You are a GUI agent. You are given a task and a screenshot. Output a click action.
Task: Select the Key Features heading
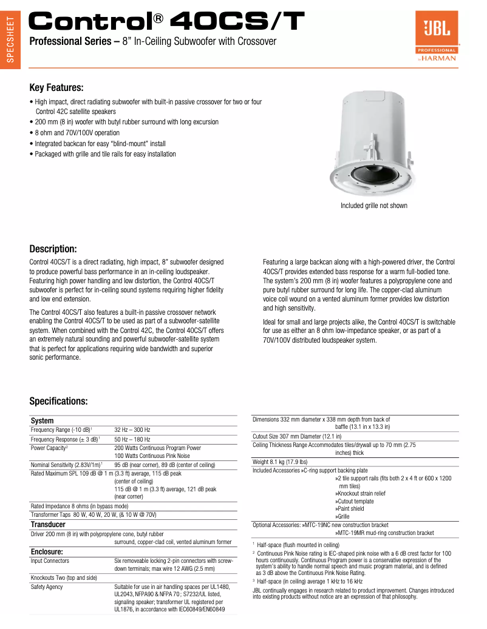pyautogui.click(x=56, y=88)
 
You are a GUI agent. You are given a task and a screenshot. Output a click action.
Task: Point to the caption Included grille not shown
pyautogui.click(x=373, y=206)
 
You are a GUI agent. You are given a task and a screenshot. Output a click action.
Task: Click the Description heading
pyautogui.click(x=53, y=249)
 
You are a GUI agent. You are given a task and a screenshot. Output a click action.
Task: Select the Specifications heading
pyautogui.click(x=59, y=401)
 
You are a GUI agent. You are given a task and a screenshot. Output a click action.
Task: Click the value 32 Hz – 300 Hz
pyautogui.click(x=132, y=429)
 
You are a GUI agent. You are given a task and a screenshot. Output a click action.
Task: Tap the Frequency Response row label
pyautogui.click(x=65, y=439)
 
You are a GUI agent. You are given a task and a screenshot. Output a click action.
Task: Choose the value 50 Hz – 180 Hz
pyautogui.click(x=132, y=439)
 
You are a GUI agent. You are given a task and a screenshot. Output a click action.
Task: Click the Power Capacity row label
pyautogui.click(x=49, y=448)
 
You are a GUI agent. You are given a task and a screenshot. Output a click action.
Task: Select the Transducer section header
pyautogui.click(x=48, y=524)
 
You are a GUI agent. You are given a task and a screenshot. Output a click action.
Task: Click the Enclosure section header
pyautogui.click(x=47, y=552)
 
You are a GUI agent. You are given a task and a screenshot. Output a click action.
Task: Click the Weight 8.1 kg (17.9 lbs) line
pyautogui.click(x=280, y=462)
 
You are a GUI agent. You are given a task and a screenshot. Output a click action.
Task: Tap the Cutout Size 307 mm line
pyautogui.click(x=297, y=436)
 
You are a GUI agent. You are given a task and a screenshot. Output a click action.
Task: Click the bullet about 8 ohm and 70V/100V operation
pyautogui.click(x=77, y=133)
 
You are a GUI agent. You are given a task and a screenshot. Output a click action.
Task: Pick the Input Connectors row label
pyautogui.click(x=50, y=561)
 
